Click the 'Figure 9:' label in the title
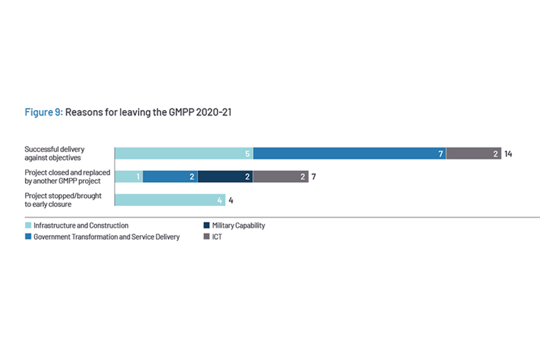43,112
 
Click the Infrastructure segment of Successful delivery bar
184,154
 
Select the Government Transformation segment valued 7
349,154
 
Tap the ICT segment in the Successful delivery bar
473,154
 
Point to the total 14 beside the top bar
508,154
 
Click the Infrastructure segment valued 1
129,177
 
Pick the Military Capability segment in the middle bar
225,177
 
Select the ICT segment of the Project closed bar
280,177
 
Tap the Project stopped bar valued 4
170,200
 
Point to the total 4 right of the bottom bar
231,200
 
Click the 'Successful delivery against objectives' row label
55,154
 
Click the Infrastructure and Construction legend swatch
29,226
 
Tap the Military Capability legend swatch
206,226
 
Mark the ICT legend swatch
206,237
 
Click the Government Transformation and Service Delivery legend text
106,237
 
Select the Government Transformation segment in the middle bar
170,177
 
